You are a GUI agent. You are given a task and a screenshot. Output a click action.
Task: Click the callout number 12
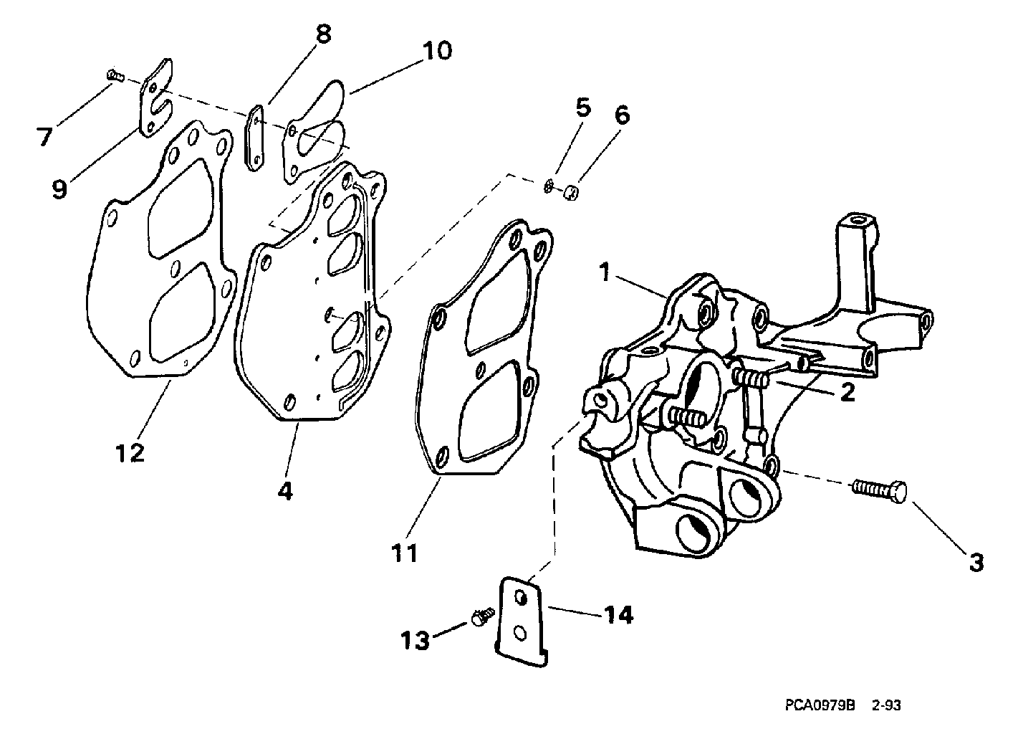point(130,453)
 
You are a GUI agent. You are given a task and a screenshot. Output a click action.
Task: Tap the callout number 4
point(285,491)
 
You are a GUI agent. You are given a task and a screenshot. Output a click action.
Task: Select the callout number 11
point(404,553)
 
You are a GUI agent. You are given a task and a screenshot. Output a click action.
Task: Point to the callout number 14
point(618,615)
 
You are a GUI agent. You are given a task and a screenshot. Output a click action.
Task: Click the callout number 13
point(415,641)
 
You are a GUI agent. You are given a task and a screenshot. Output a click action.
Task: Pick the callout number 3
point(976,563)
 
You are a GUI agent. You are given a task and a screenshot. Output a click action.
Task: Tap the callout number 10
point(437,50)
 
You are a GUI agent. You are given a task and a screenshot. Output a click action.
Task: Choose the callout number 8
point(323,34)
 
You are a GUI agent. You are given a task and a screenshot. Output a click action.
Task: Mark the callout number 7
point(44,136)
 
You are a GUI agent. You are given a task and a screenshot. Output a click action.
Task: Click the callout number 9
point(59,189)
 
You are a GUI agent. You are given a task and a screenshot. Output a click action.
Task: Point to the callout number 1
point(605,272)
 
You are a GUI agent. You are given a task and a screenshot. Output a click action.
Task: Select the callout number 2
point(847,392)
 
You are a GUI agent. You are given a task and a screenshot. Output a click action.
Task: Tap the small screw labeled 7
point(116,75)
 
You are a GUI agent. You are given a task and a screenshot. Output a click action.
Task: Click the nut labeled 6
point(571,194)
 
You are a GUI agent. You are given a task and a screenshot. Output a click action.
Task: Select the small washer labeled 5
point(549,186)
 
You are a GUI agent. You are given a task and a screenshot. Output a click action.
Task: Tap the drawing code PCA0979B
point(820,705)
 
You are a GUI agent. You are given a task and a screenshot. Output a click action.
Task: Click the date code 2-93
point(886,705)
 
